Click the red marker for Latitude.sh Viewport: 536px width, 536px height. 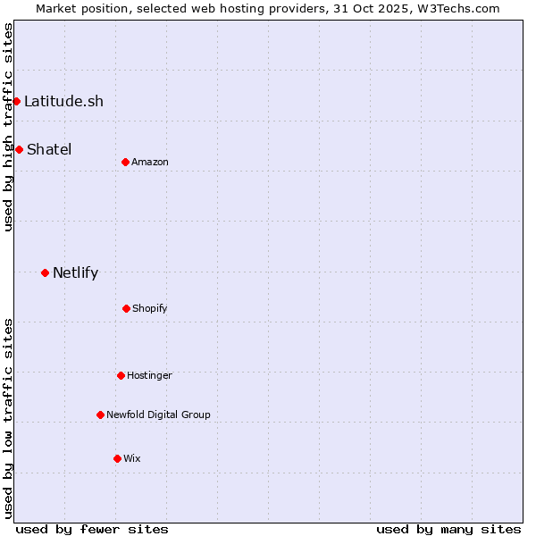coord(16,101)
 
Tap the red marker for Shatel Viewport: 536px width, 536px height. coord(19,149)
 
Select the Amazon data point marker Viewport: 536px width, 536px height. coord(125,162)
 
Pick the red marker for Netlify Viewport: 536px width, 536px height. coord(45,272)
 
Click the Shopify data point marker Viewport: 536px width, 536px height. coord(126,308)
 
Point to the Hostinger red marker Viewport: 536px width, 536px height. coord(121,375)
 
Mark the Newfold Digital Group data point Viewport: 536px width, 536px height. coord(100,415)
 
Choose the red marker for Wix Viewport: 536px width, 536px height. coord(117,458)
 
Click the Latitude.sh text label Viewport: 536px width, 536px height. coord(63,101)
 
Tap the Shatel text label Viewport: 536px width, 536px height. coord(49,149)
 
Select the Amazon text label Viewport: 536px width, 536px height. coord(150,162)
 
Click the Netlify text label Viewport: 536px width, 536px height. coord(75,272)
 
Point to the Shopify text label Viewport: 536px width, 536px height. coord(150,308)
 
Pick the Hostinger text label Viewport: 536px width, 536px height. coord(149,375)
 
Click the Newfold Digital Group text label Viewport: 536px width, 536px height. coord(158,415)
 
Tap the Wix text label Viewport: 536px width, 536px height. coord(132,458)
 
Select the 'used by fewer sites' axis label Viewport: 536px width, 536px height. coord(92,529)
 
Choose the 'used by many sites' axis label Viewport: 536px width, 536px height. coord(448,529)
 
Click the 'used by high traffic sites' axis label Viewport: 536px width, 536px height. coord(8,127)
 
